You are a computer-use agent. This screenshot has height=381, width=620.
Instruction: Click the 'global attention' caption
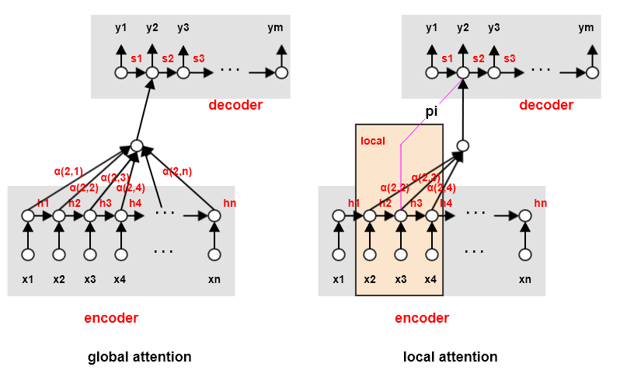click(139, 357)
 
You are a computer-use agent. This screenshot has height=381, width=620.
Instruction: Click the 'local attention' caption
click(450, 357)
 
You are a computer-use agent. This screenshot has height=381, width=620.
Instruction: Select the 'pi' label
click(433, 111)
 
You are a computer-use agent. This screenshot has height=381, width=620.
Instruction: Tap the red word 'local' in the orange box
click(374, 142)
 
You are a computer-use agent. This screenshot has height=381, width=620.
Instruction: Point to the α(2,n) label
click(177, 171)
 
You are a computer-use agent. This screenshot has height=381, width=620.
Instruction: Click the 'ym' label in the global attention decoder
click(276, 28)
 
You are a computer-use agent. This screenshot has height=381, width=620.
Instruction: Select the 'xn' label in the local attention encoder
click(525, 278)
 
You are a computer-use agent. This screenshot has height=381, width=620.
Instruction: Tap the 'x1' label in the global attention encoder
click(28, 278)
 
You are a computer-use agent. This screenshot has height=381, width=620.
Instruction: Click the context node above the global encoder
click(136, 145)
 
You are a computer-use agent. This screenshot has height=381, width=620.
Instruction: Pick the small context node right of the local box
click(462, 145)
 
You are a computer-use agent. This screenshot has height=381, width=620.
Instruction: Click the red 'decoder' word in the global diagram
click(235, 105)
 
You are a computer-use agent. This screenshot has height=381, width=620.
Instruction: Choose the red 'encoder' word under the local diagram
click(422, 318)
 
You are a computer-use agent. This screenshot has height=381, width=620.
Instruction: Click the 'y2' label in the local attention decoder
click(463, 28)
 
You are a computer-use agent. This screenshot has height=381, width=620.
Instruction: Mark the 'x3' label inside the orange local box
click(400, 278)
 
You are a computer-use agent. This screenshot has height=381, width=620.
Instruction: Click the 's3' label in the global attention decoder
click(199, 58)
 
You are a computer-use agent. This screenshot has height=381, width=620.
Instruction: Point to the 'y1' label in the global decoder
click(120, 28)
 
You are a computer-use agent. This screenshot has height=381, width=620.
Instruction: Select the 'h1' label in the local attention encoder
click(354, 203)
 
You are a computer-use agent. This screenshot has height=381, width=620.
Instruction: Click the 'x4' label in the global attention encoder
click(120, 278)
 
